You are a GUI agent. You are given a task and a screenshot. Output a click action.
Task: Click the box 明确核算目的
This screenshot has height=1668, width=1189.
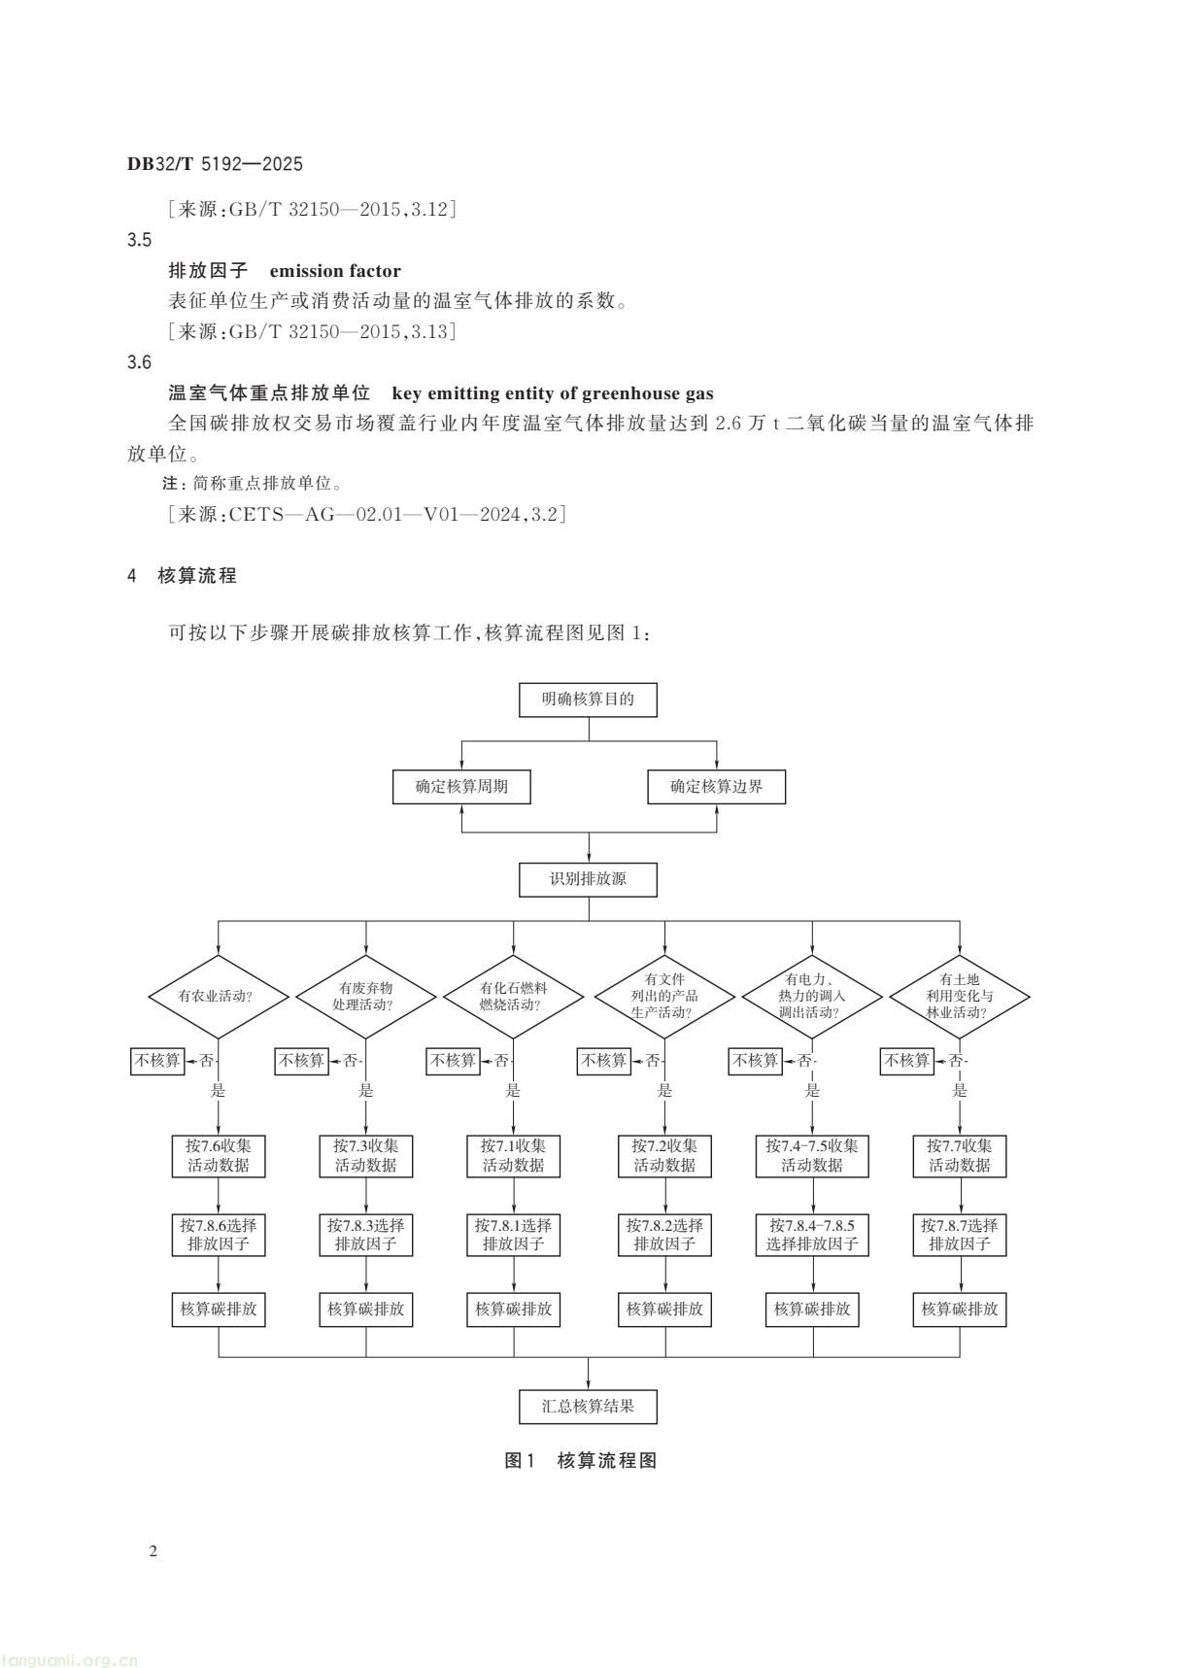click(x=588, y=699)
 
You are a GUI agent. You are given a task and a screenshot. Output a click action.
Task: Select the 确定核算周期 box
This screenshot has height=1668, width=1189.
click(x=461, y=786)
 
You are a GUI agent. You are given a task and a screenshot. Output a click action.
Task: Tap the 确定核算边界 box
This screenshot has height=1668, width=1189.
click(x=716, y=786)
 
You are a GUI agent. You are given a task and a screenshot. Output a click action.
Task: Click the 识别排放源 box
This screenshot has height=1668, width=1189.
click(x=588, y=879)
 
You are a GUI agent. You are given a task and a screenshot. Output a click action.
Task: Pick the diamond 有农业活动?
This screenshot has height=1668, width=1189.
click(x=218, y=996)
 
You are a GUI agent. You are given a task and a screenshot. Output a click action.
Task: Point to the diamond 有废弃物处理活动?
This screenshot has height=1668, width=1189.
click(x=365, y=996)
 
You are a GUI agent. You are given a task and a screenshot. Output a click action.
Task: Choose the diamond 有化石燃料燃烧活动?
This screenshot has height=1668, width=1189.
click(x=513, y=996)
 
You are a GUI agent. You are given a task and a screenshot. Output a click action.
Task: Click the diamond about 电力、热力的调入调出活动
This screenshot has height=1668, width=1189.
click(x=812, y=996)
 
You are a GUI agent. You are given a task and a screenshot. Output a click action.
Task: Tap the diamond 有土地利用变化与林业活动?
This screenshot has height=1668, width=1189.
click(x=960, y=996)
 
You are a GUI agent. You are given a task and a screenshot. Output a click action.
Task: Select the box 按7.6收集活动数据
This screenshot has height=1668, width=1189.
click(x=218, y=1155)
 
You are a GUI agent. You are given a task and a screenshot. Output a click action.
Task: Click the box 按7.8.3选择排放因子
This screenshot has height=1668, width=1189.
click(x=365, y=1234)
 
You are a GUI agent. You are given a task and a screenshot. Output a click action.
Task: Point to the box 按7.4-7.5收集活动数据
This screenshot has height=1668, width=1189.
click(x=812, y=1155)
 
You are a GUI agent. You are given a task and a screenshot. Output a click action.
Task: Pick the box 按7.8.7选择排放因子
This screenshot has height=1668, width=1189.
click(x=960, y=1234)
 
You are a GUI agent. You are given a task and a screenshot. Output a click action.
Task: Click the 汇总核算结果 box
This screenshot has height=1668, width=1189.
click(x=588, y=1406)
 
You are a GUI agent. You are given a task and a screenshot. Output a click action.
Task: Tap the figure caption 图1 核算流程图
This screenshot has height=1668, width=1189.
click(x=582, y=1460)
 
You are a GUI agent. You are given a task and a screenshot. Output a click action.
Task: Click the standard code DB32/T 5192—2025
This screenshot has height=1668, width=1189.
click(x=215, y=164)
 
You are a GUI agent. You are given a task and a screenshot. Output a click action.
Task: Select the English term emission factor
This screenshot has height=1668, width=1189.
click(x=335, y=271)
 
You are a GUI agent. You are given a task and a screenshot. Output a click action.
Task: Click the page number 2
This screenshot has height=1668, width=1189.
click(x=153, y=1550)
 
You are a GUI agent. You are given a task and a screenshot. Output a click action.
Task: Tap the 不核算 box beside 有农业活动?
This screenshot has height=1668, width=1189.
click(x=157, y=1060)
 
